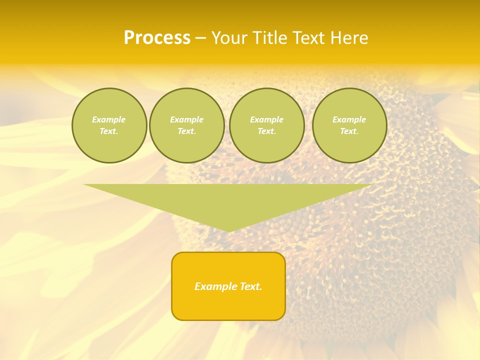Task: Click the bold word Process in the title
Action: coord(157,37)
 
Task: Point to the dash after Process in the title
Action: coord(200,38)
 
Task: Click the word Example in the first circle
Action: coord(109,119)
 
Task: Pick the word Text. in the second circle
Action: coord(186,131)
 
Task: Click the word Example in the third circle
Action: coord(266,119)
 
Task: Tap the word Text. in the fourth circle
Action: coord(349,131)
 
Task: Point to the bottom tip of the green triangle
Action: coord(228,230)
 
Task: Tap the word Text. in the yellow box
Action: coord(251,286)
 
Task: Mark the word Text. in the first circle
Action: coord(109,131)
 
